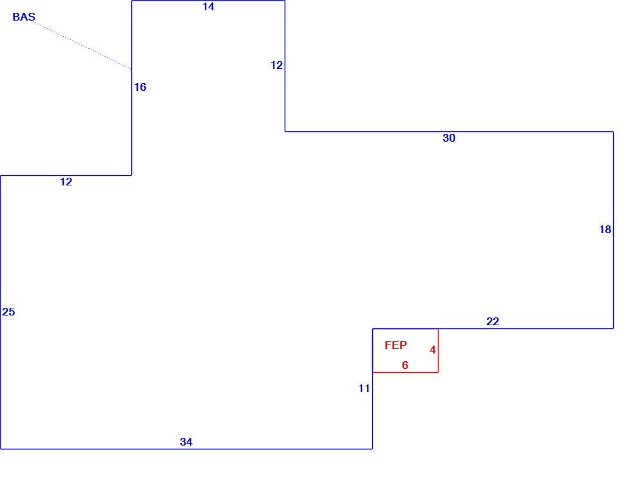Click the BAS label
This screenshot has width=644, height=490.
24,17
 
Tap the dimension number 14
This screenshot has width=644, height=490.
208,6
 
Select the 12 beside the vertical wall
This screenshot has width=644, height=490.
276,65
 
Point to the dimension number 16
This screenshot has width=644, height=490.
140,87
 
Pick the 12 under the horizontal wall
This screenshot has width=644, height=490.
66,182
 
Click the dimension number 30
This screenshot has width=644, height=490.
449,138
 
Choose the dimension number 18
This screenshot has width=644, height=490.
605,230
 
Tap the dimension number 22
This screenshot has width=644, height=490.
493,321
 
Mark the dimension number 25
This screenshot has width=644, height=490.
8,312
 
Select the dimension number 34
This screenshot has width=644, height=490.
186,442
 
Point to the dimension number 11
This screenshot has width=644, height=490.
364,388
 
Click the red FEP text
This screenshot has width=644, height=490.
395,345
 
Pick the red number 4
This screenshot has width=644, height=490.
433,350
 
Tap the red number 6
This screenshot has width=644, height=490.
405,365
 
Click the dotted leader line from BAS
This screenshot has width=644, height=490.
83,46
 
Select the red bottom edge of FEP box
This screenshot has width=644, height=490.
405,373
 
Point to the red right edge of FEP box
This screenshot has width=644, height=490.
438,351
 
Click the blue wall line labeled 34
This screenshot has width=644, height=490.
187,449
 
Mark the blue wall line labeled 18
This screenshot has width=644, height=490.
613,230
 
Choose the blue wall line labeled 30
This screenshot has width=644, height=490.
450,131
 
